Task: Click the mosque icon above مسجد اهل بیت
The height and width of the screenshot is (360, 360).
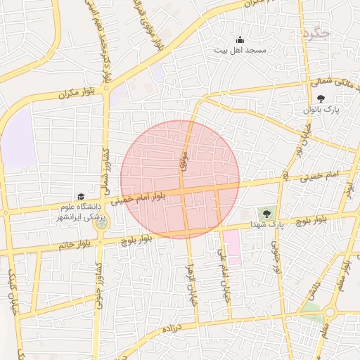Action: [x=240, y=40]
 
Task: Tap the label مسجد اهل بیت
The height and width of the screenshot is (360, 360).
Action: [x=240, y=51]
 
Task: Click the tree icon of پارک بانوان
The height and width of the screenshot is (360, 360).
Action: [x=321, y=99]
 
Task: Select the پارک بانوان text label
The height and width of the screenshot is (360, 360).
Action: [x=321, y=110]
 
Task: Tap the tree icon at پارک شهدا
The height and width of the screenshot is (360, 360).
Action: [x=266, y=213]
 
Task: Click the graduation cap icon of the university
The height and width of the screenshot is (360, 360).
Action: [x=80, y=197]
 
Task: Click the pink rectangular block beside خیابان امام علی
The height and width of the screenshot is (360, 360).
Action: [x=233, y=247]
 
